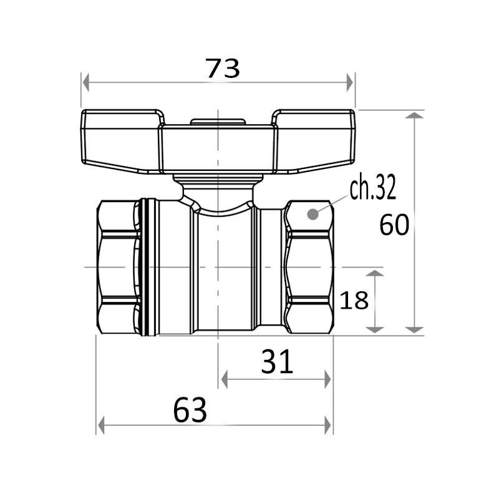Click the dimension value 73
pos(223,69)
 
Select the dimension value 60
pos(394,225)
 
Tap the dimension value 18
pos(354,300)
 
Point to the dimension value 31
pos(276,362)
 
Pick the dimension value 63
pos(190,410)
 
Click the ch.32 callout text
pos(373,188)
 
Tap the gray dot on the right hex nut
pos(313,214)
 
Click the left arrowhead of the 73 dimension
pos(85,83)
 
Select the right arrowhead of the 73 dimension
pos(350,83)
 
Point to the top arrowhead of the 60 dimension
pos(414,115)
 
